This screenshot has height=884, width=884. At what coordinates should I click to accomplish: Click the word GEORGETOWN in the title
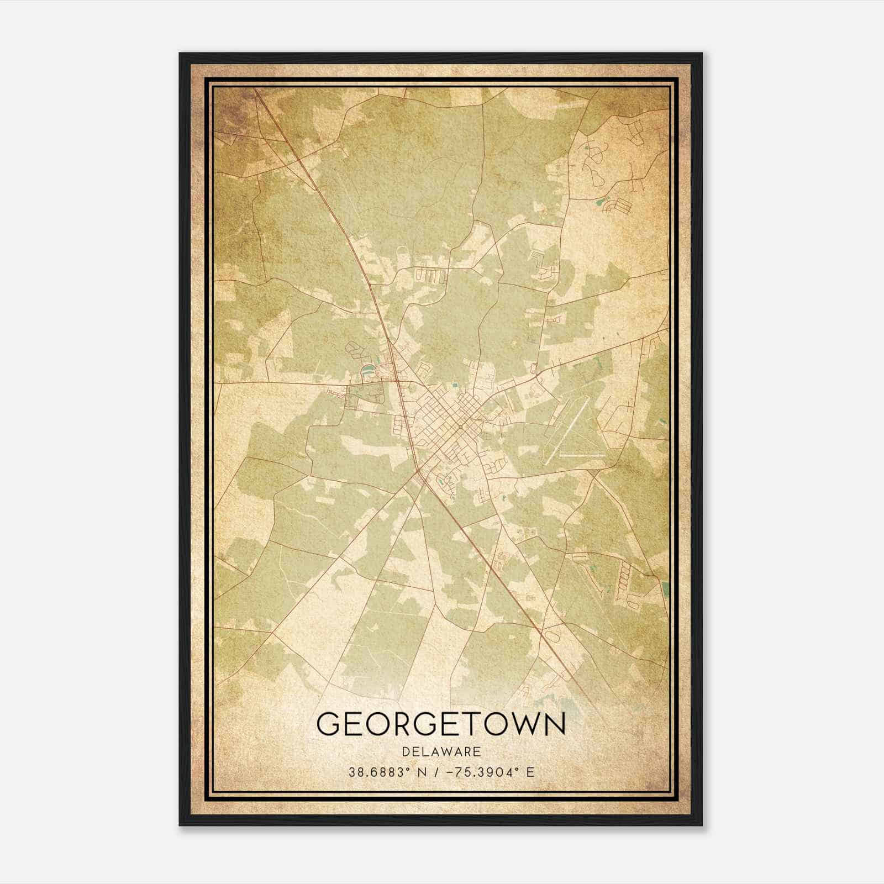point(441,724)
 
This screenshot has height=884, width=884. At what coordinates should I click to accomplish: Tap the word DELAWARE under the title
point(441,752)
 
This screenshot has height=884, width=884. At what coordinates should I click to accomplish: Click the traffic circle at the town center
point(460,426)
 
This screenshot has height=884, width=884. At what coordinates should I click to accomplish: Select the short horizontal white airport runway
point(582,454)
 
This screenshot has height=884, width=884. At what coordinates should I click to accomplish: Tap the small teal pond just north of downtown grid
point(454,385)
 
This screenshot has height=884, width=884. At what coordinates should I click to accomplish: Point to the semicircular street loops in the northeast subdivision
point(595,160)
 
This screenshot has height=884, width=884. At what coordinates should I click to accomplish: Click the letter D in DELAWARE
point(406,752)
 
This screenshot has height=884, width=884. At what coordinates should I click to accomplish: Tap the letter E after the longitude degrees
point(530,772)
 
